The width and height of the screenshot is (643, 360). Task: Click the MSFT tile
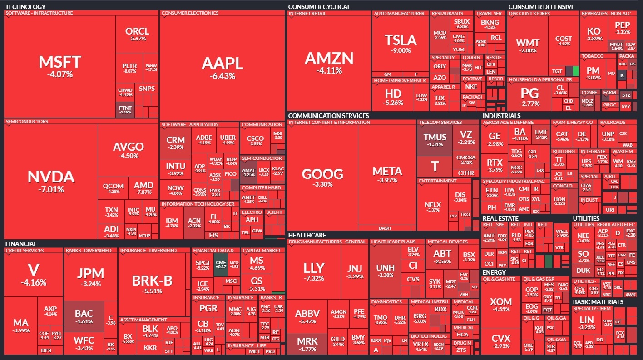point(59,66)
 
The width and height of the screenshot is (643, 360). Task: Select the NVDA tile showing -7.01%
point(50,181)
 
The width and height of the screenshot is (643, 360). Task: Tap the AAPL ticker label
point(222,63)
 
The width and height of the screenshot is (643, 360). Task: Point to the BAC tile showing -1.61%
point(84,316)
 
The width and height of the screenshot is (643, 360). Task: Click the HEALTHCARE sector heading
point(307,235)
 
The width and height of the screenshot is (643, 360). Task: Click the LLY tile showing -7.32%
point(314,271)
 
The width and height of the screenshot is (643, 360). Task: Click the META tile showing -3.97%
point(387,174)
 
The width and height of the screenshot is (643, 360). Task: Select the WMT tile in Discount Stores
point(528,46)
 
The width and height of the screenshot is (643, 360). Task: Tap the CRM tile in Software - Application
point(175,143)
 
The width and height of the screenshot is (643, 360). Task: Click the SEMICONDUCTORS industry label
point(27,122)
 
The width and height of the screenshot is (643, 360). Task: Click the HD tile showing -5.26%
point(393,97)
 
